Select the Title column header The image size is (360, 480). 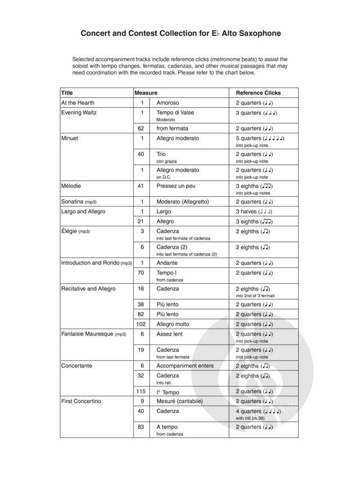point(67,93)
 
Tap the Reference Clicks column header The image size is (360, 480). point(258,93)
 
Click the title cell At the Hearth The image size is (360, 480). point(78,103)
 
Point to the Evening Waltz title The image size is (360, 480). point(79,113)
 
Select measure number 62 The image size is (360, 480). point(141,128)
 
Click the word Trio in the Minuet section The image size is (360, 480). point(161,154)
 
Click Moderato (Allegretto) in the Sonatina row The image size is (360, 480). point(182,201)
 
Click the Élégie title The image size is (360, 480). point(69,231)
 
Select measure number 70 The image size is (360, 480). point(141,273)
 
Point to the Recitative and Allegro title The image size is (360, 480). point(88,289)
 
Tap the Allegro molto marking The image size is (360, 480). point(173,324)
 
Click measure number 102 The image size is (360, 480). point(141,324)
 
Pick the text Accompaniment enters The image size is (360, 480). point(185,366)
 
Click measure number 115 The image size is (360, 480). point(141,391)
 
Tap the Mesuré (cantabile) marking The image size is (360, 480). point(179,401)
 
